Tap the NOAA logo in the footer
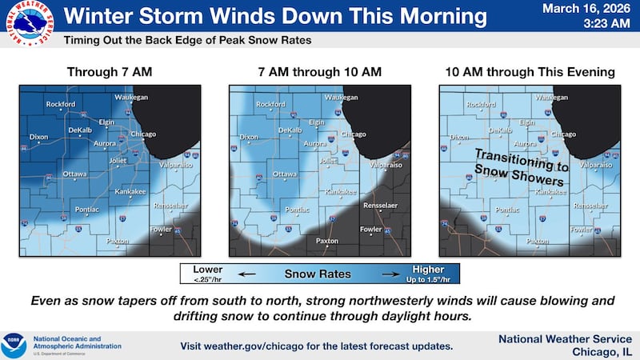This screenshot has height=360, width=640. click(14, 345)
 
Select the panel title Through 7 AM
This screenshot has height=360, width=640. click(109, 72)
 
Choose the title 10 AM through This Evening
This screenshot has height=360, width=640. click(530, 72)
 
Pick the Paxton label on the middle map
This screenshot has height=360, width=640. click(326, 240)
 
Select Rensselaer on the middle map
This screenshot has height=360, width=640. click(380, 206)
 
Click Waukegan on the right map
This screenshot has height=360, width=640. click(551, 97)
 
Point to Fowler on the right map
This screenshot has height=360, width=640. click(582, 230)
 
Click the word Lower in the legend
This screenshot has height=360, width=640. click(208, 270)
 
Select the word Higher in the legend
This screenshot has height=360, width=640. click(428, 270)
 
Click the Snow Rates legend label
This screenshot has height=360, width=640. click(318, 274)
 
